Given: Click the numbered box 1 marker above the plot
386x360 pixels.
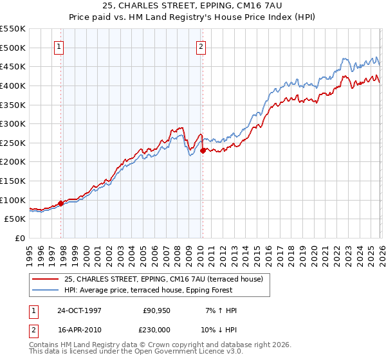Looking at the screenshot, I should click(59, 46).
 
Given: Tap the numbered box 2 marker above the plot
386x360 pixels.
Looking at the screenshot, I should click(201, 46).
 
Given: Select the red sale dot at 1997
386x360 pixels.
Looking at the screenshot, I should click(61, 203).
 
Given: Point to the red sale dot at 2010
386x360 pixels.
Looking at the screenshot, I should click(203, 150).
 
